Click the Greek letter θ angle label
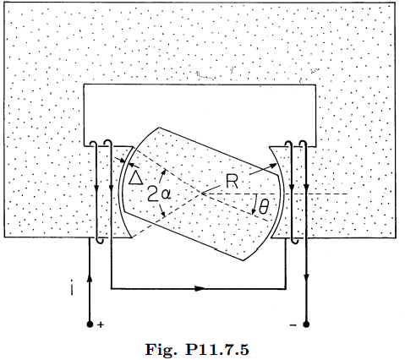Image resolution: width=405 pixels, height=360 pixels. tap(264, 207)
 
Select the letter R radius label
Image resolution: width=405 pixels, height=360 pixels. tap(233, 182)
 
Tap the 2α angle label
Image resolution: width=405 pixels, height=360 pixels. tap(159, 194)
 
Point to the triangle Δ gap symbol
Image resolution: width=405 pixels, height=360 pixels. tap(135, 178)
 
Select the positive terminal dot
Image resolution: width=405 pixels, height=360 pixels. tap(90, 325)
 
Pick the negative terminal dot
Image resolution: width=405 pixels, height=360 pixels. tap(306, 325)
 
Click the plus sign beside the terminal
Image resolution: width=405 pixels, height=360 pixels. tap(101, 325)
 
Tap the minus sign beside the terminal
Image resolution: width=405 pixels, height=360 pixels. tap(293, 325)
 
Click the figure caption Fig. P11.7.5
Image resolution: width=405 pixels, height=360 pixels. tap(197, 350)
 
